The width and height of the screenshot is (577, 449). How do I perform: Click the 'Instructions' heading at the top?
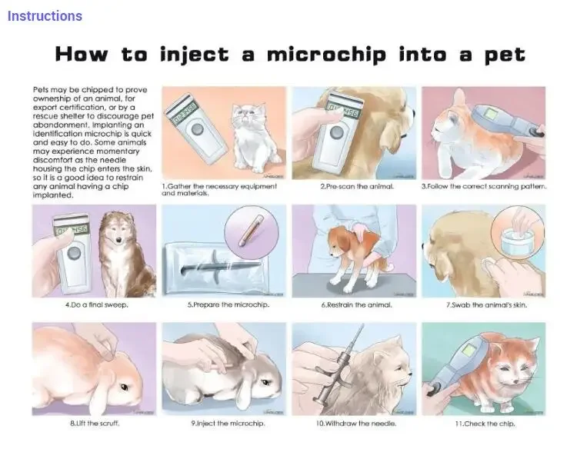[x=45, y=16]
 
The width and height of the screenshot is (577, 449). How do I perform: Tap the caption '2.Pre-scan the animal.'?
[x=357, y=187]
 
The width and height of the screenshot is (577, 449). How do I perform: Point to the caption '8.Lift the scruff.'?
[x=95, y=424]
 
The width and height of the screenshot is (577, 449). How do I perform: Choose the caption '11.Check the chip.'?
[x=485, y=424]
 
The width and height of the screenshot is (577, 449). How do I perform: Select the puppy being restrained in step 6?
[x=349, y=250]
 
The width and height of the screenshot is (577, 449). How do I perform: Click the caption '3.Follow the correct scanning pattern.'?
[x=484, y=187]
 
